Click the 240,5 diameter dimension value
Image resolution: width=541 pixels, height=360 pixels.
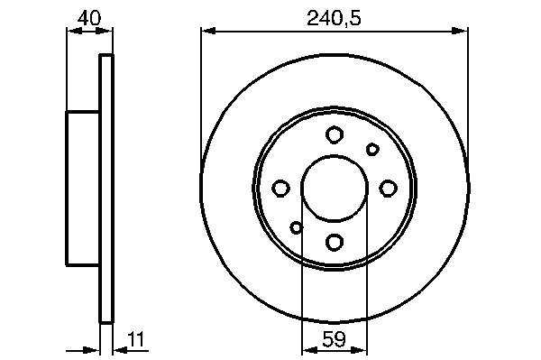pyautogui.click(x=334, y=18)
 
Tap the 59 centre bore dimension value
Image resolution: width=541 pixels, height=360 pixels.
pyautogui.click(x=334, y=339)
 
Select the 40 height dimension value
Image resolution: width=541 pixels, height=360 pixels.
pyautogui.click(x=89, y=18)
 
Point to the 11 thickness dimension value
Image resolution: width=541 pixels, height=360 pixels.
pyautogui.click(x=136, y=339)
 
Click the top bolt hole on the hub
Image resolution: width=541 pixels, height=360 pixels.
pyautogui.click(x=335, y=134)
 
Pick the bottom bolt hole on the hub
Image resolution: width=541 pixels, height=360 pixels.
pyautogui.click(x=335, y=242)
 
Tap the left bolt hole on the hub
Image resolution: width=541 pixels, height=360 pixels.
pyautogui.click(x=280, y=189)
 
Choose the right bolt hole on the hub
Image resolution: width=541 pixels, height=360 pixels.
pyautogui.click(x=388, y=189)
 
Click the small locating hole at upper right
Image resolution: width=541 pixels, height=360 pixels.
pyautogui.click(x=372, y=150)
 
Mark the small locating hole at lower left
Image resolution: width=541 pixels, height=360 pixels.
pyautogui.click(x=297, y=227)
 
